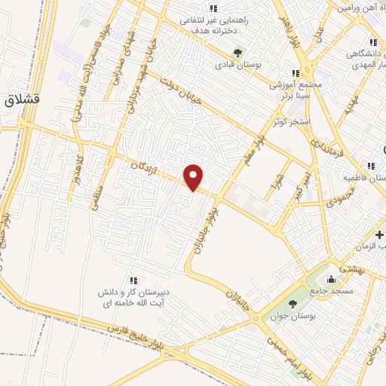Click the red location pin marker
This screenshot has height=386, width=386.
194,177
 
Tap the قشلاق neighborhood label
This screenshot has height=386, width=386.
26,100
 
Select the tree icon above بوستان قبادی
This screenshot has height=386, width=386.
238,53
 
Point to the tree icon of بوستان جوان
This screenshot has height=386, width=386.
293,303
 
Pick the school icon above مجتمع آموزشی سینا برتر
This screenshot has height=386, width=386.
296,73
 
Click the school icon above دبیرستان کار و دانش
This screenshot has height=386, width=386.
133,281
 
